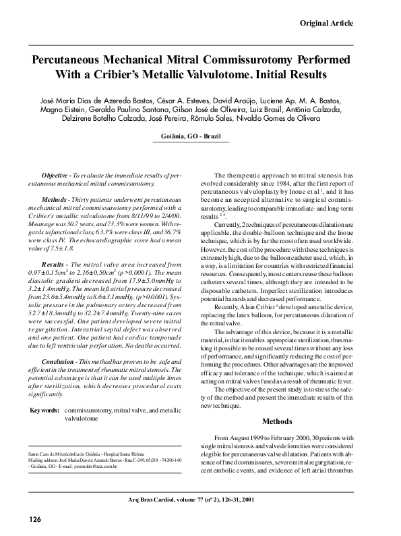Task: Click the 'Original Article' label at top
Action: tap(326, 24)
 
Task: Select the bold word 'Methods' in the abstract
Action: tap(58, 201)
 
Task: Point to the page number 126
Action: tap(35, 518)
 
